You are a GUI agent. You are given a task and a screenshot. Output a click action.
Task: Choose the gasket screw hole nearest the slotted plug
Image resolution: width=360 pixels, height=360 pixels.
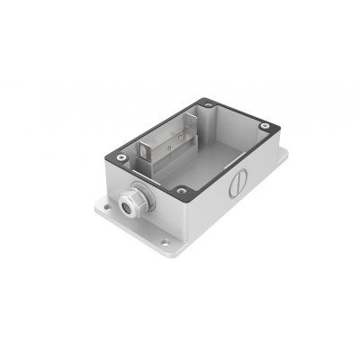coord(183,190)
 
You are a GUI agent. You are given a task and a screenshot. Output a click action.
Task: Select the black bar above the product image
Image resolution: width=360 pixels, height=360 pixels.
coord(180,40)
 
